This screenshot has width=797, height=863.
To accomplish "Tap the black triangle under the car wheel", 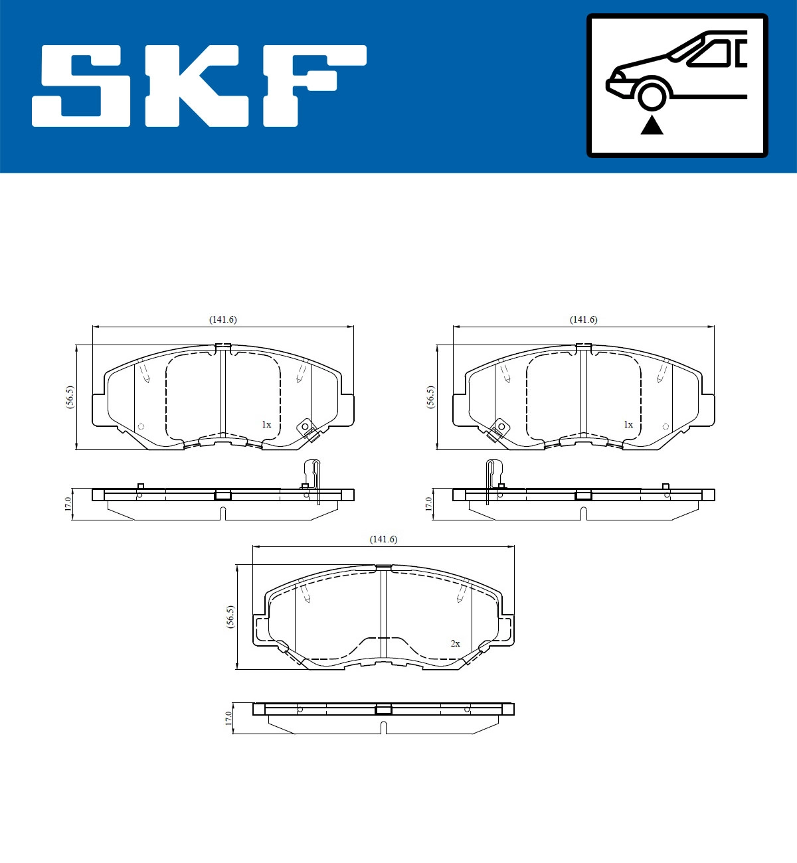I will [652, 125].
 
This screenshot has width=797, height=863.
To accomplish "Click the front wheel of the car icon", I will [652, 95].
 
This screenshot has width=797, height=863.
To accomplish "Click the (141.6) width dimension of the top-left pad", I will [222, 319].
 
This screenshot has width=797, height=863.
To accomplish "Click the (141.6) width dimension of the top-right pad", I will [583, 319].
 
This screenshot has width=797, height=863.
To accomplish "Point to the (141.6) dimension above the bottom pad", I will [383, 539].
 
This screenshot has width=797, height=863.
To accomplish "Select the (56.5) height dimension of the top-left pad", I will [70, 397].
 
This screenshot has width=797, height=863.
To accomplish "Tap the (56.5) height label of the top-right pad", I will [431, 397].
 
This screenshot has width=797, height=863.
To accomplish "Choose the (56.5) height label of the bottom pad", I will [230, 617].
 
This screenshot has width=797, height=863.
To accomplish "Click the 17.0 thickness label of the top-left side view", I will [68, 503].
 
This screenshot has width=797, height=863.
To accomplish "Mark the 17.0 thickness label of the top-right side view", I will [428, 503].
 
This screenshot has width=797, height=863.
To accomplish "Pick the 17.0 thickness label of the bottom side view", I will [228, 718].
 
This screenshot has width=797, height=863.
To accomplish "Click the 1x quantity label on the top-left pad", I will [266, 424].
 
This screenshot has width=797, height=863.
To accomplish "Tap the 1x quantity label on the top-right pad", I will [628, 424].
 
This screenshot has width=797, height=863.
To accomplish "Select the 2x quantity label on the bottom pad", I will [455, 643].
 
